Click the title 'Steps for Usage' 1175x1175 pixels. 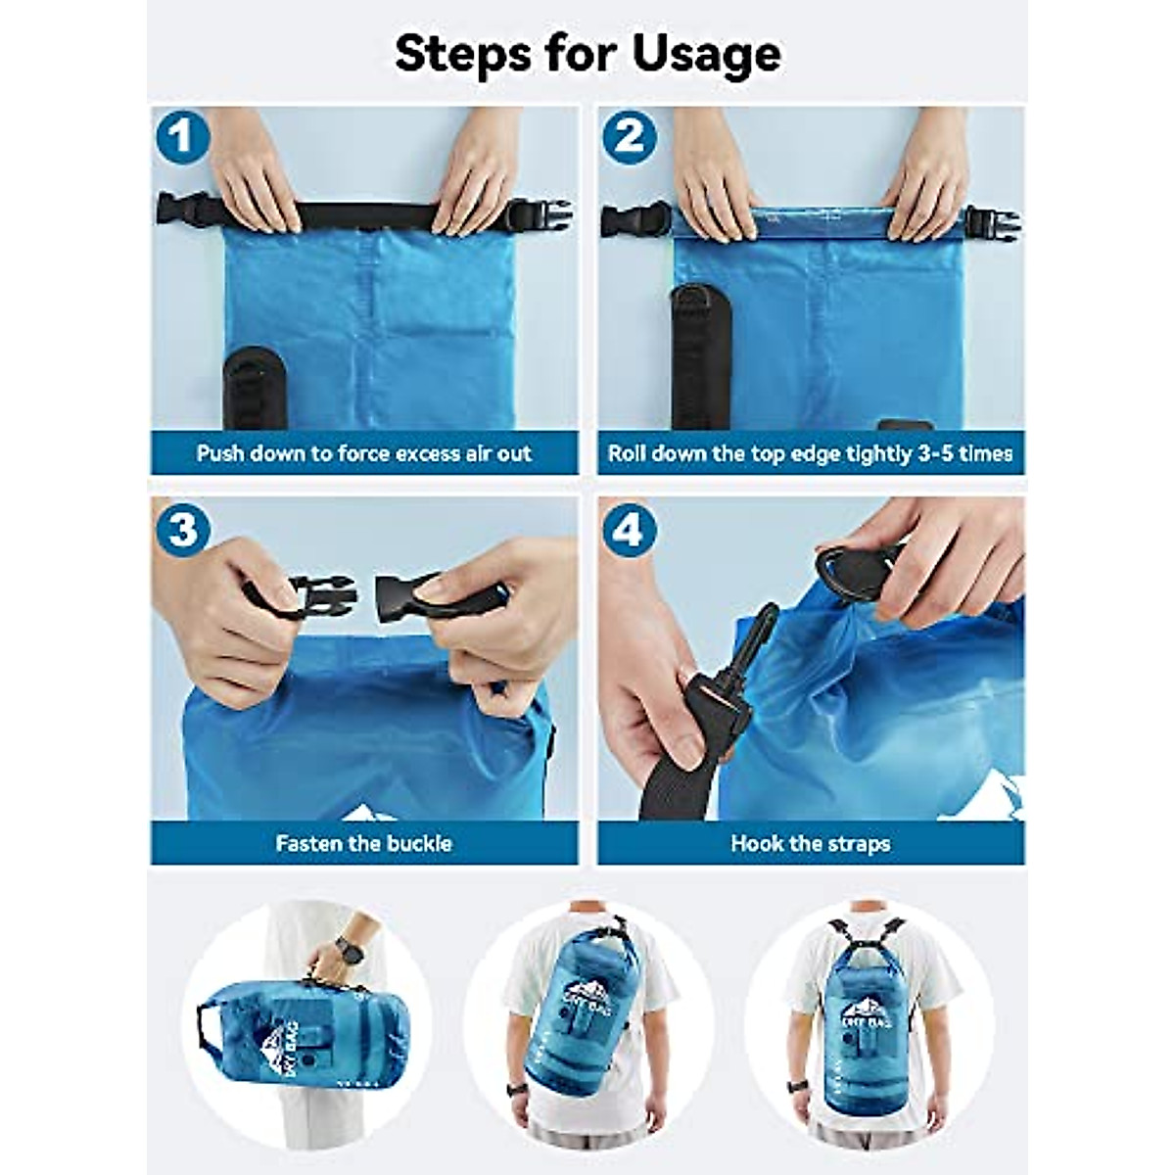point(587,54)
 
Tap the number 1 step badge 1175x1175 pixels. point(182,137)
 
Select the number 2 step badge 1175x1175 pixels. point(629,137)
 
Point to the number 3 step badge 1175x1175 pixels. point(182,530)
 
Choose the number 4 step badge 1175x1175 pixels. point(629,530)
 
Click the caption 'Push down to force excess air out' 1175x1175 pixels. point(364,453)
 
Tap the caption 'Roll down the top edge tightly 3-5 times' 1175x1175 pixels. point(811,453)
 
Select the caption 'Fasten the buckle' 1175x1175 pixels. point(364,843)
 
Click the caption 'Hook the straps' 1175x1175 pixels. point(811,843)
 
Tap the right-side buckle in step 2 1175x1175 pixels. point(991,223)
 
